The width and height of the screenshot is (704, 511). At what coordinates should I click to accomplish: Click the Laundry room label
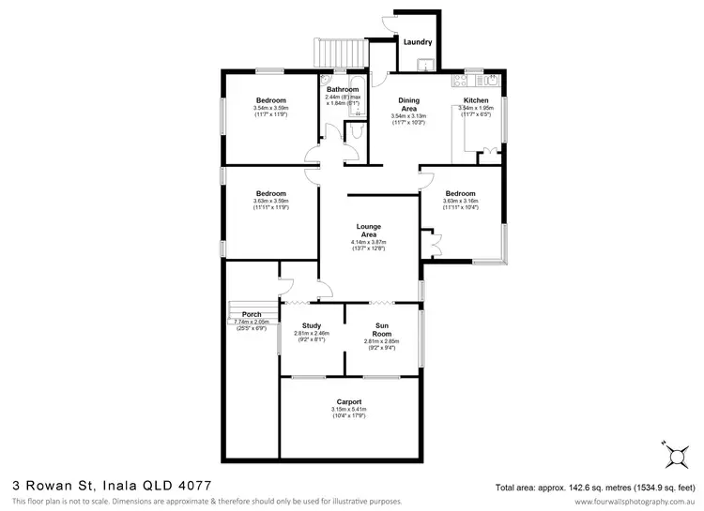417,42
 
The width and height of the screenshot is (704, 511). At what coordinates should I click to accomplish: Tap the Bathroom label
342,89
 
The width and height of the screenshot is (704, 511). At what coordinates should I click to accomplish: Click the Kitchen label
476,99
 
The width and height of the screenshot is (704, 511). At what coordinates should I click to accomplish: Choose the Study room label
312,325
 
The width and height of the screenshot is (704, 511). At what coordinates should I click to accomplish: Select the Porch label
251,314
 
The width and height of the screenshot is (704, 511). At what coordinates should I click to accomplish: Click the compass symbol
674,456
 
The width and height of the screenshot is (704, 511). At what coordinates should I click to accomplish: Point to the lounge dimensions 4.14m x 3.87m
367,242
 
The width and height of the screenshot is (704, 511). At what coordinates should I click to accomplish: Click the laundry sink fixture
424,65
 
